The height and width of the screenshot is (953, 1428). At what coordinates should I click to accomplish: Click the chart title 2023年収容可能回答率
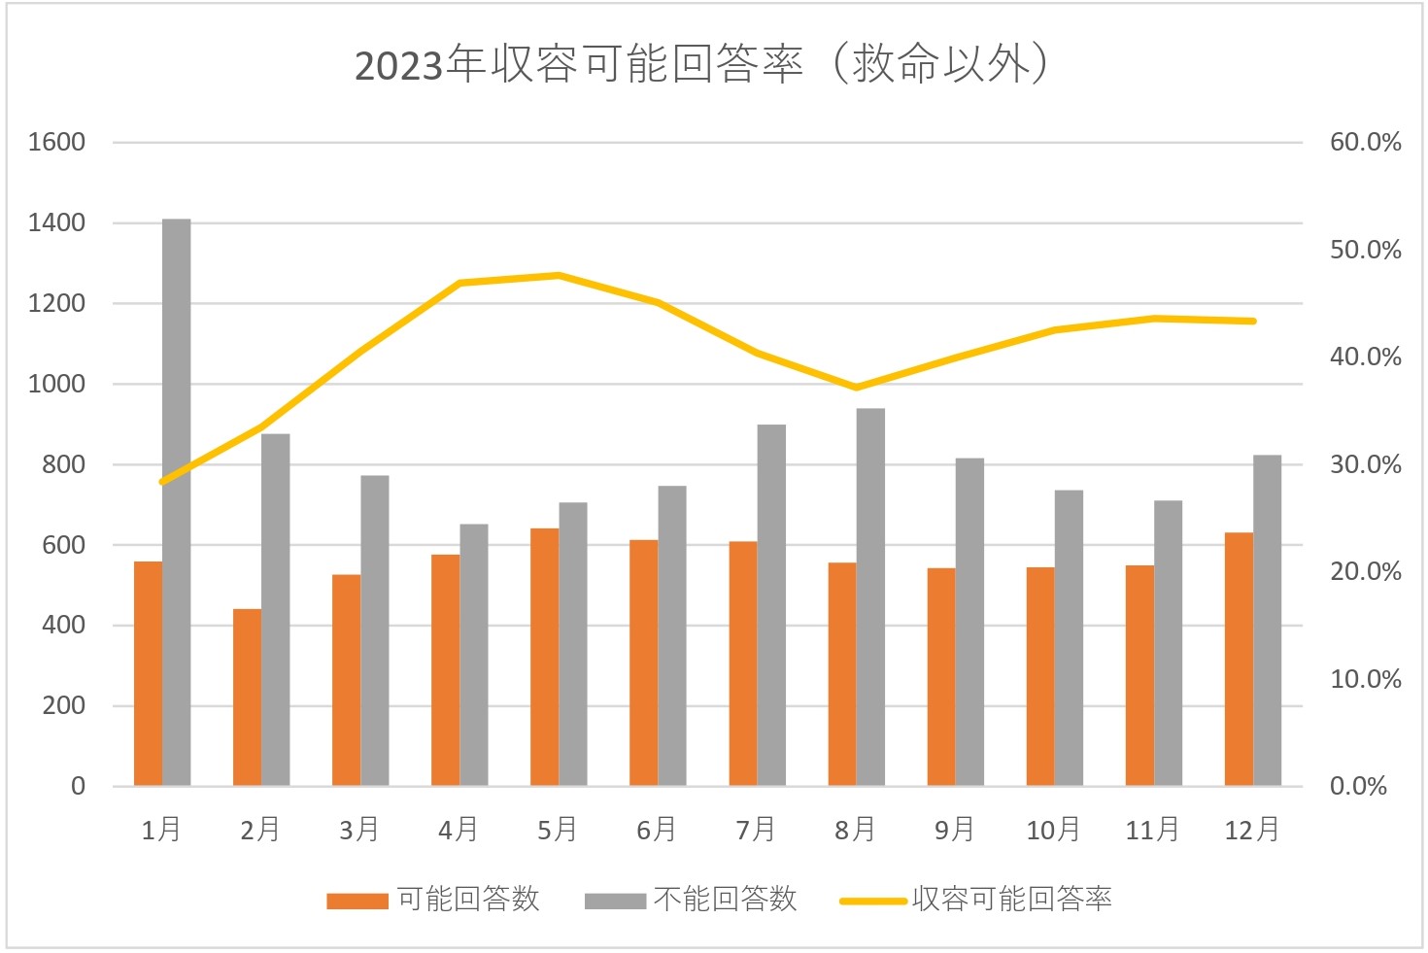[701, 64]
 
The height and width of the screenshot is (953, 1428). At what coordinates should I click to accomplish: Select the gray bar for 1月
[177, 502]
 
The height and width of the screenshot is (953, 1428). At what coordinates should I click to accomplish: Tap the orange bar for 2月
[247, 697]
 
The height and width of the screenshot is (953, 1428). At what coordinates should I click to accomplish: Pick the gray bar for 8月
[870, 596]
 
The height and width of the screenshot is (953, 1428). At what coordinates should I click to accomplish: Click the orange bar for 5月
[544, 656]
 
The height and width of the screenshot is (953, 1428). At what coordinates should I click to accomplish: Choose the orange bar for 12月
[1239, 659]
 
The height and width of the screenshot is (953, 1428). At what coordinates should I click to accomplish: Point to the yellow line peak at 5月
[559, 275]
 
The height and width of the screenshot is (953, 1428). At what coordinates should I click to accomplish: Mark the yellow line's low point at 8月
[856, 388]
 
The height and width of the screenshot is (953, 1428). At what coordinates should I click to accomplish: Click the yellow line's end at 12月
[1253, 321]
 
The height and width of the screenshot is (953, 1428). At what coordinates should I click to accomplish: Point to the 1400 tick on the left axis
[56, 222]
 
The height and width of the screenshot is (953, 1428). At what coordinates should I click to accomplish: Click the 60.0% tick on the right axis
[1365, 143]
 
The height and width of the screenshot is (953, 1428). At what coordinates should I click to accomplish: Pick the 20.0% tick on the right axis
[1365, 571]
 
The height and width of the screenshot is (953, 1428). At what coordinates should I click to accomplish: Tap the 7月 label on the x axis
[756, 830]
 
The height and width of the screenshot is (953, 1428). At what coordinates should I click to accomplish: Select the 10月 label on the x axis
[1053, 830]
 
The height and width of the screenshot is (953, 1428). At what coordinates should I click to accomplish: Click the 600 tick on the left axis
[63, 545]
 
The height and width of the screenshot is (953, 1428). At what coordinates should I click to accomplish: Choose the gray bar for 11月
[1168, 642]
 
